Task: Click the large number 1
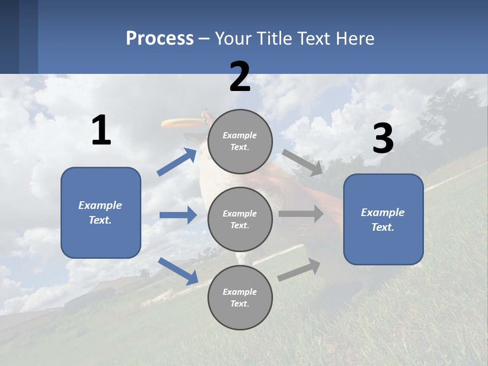101,131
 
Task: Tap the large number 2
240,77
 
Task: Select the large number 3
383,139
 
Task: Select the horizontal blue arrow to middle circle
178,215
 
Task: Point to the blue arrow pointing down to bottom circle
178,270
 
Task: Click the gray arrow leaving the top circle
302,163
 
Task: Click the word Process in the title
160,38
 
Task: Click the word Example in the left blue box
100,205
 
